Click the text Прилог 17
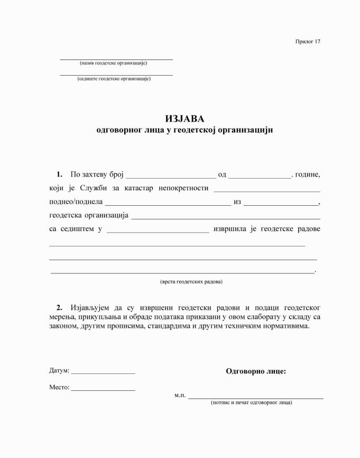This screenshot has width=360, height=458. pyautogui.click(x=308, y=41)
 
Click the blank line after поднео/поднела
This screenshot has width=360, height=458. pyautogui.click(x=168, y=205)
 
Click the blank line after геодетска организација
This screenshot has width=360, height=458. pyautogui.click(x=225, y=218)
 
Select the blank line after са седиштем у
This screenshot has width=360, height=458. pyautogui.click(x=158, y=232)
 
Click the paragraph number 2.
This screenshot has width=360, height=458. pyautogui.click(x=59, y=307)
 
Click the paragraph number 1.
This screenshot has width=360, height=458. pyautogui.click(x=59, y=174)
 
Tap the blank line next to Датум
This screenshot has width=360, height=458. pyautogui.click(x=103, y=373)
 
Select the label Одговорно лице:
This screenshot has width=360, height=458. pyautogui.click(x=256, y=371)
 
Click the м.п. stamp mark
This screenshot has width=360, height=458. pyautogui.click(x=180, y=395)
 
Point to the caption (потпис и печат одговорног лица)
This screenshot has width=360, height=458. pyautogui.click(x=251, y=402)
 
